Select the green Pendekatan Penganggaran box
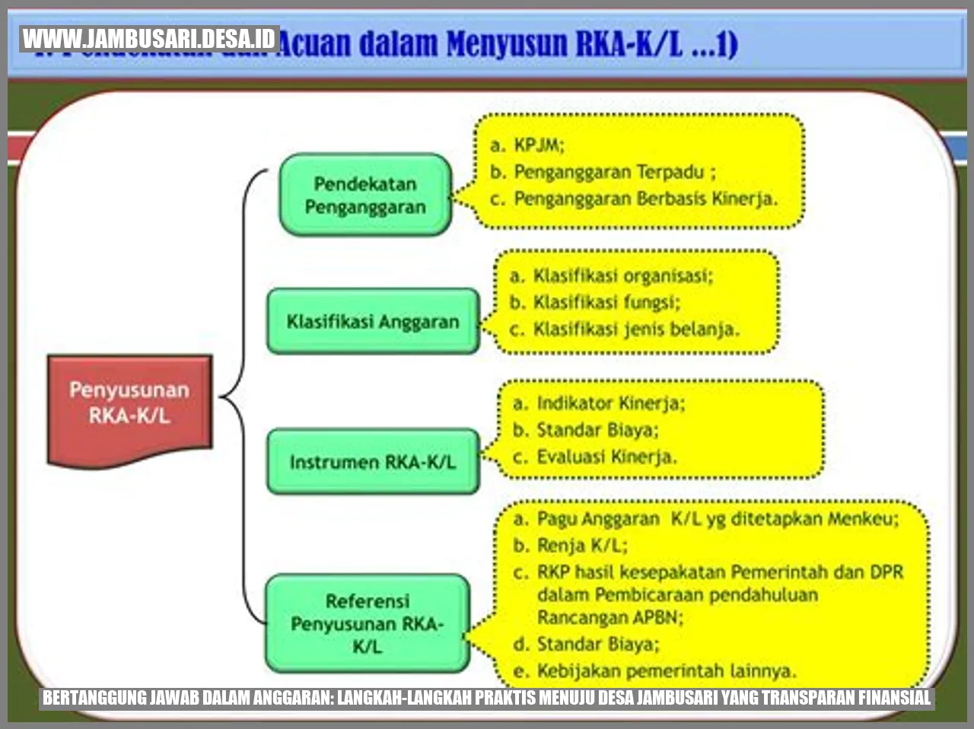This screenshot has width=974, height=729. (366, 195)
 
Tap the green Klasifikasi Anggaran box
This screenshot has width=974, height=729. (373, 321)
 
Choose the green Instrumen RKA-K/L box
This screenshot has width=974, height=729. (373, 462)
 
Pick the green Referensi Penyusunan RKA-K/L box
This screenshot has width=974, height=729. (368, 623)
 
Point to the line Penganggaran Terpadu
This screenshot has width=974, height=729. (615, 172)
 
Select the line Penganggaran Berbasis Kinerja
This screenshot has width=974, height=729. (645, 199)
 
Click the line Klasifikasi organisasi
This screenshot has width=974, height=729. (622, 275)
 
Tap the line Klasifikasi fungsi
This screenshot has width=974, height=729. (606, 302)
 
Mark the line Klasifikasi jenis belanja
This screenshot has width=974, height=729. (635, 329)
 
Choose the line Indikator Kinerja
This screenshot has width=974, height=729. (610, 403)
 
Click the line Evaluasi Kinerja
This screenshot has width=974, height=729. (606, 457)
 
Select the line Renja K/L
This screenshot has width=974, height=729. (582, 545)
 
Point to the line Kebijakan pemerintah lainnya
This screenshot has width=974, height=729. (666, 670)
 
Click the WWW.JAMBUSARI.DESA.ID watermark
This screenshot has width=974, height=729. (149, 38)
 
